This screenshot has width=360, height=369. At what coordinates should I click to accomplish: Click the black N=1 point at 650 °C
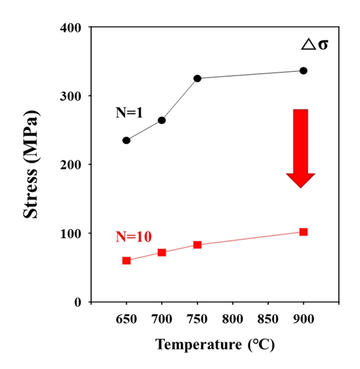(126, 140)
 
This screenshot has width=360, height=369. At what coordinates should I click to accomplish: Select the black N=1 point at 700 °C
(162, 121)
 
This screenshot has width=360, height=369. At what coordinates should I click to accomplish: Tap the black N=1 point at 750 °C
(197, 78)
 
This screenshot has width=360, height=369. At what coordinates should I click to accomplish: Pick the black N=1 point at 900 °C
(303, 71)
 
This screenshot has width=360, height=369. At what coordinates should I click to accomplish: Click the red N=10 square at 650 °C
(126, 261)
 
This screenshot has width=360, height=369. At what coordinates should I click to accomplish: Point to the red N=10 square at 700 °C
(162, 253)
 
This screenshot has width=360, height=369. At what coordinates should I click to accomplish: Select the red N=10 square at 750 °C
(197, 245)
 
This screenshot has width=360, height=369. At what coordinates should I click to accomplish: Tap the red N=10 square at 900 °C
(303, 232)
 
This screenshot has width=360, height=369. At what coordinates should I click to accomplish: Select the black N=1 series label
(129, 113)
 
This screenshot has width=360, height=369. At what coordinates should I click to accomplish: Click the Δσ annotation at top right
(315, 44)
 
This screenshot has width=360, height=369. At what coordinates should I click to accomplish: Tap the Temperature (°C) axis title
(215, 345)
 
